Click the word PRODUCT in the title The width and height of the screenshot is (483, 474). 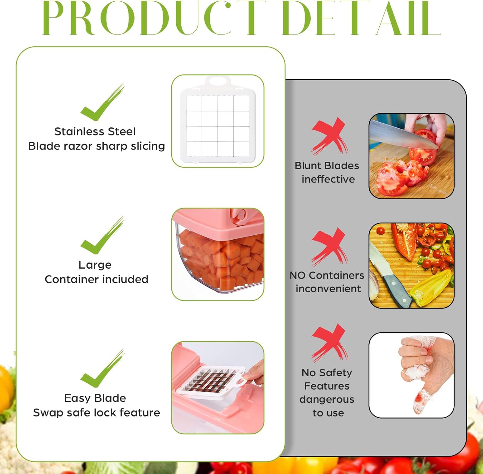point(153,18)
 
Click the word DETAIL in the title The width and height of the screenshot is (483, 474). point(361,18)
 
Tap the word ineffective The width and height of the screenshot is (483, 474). point(328,179)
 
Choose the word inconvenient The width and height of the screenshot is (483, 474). point(328,289)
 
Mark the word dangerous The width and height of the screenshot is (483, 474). point(327,400)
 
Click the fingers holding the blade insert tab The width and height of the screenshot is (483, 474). point(254,371)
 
